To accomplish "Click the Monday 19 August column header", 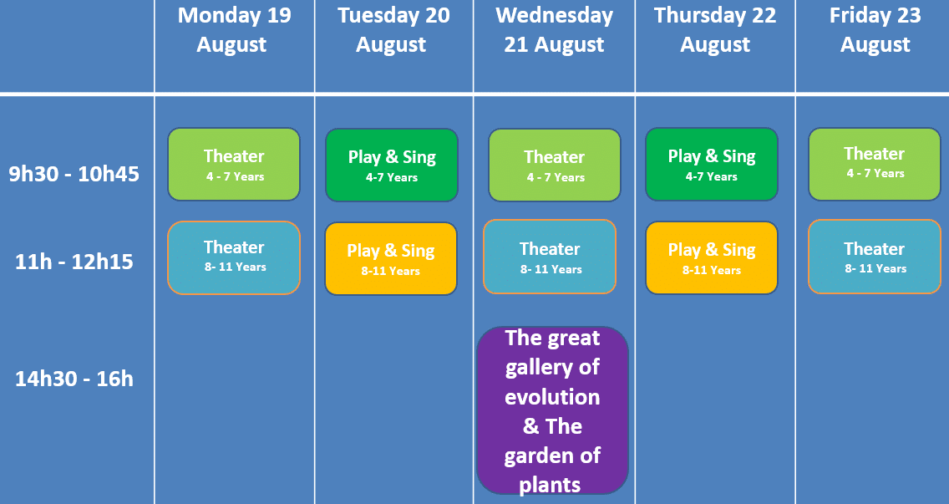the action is [234, 30].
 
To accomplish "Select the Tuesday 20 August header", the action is [393, 30].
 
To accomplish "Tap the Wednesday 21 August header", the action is [555, 30].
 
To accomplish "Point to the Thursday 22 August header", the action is [715, 30].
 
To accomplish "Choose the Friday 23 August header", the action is [875, 30].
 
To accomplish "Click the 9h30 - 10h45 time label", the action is [74, 174].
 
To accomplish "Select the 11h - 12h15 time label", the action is [74, 262].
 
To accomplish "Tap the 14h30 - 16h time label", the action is [74, 379].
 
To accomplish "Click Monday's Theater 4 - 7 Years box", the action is [234, 164].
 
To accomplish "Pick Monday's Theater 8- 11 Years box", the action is [234, 257].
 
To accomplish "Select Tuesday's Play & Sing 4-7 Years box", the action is [392, 165].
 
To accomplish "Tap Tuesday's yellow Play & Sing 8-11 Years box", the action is [391, 258].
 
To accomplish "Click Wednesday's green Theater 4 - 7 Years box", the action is [555, 165].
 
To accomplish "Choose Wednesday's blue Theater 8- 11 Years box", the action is [550, 257].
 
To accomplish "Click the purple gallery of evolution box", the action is [552, 410].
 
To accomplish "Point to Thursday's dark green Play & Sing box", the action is [712, 164].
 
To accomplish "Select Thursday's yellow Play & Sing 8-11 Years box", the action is [712, 258].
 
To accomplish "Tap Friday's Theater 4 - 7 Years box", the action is [875, 164].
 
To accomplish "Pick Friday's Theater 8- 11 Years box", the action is [875, 257].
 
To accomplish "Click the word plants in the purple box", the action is [551, 485].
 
